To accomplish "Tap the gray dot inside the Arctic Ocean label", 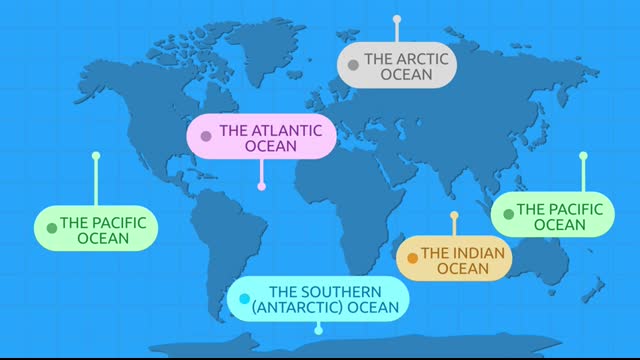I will point(353,66).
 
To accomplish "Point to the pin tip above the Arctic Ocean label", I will point(396,18).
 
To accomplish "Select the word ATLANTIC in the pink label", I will point(271,130).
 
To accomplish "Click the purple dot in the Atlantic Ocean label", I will point(206,137).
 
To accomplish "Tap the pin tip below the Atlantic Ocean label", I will point(262,186).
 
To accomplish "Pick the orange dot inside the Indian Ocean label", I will point(412,259).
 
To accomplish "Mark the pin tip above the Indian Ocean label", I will point(454,215).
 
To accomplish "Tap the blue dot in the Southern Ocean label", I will point(244,299).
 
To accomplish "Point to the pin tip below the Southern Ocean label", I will point(318,330).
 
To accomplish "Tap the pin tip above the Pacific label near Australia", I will point(584,156).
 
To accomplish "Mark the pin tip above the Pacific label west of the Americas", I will point(96,156).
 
